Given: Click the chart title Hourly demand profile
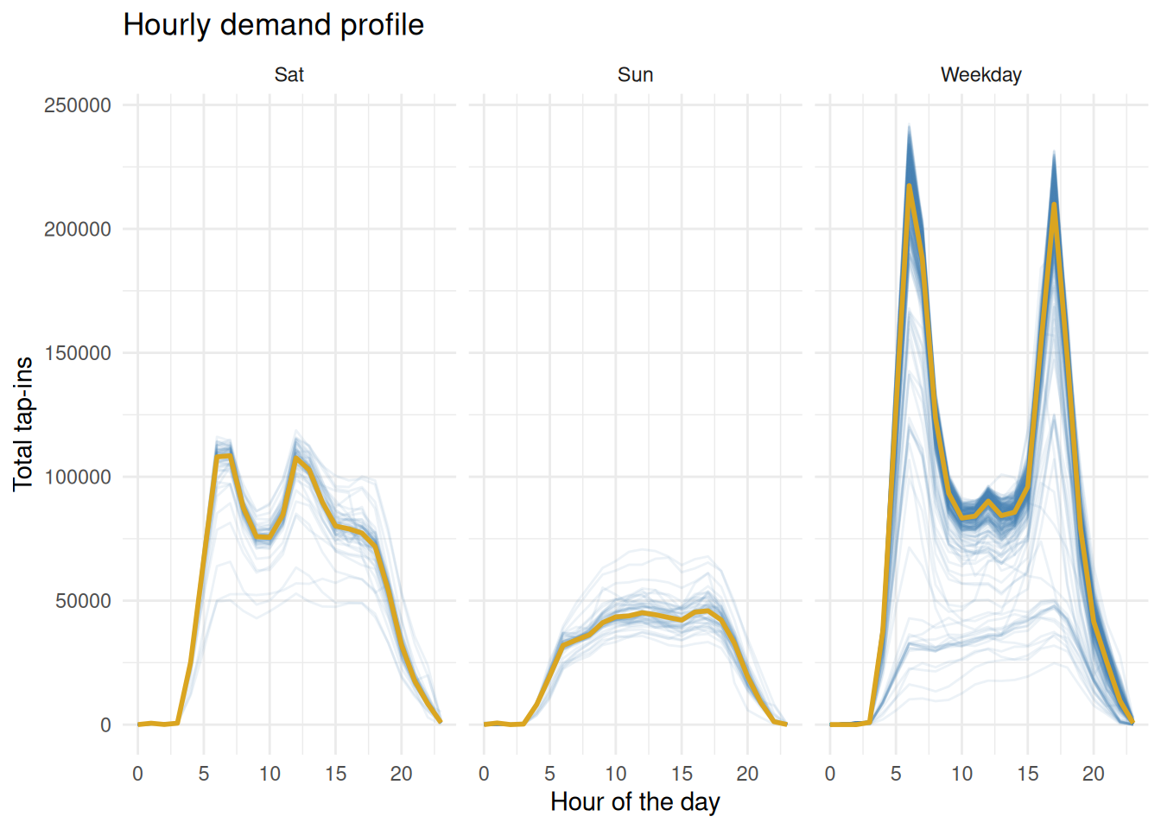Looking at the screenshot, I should (x=273, y=25).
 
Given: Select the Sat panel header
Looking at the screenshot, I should (x=289, y=75).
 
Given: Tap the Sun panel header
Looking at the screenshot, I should (x=635, y=75).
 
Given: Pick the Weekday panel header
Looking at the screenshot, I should (x=980, y=75).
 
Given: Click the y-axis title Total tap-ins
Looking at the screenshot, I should (x=23, y=424).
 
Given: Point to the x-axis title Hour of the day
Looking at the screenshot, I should (x=635, y=802).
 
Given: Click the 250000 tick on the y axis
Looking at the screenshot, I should (x=78, y=105).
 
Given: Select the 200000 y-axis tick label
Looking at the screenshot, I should (x=78, y=230).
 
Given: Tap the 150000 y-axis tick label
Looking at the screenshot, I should (x=78, y=353).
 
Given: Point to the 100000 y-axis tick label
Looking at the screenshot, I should (x=78, y=478).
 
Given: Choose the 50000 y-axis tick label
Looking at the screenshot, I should (x=83, y=601).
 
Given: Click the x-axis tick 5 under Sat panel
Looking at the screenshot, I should (x=204, y=774).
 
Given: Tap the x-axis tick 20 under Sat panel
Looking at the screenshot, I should (x=401, y=774).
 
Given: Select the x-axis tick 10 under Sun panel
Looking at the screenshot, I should (x=616, y=774).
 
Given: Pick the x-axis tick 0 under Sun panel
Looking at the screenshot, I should (x=484, y=774).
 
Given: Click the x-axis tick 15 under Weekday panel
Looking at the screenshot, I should (x=1027, y=774).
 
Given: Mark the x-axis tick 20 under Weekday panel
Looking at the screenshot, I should (x=1094, y=774).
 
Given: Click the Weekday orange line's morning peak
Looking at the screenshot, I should (x=910, y=186).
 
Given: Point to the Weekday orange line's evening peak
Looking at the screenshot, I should (x=1054, y=204).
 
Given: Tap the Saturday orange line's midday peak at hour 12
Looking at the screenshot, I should (x=296, y=458).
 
